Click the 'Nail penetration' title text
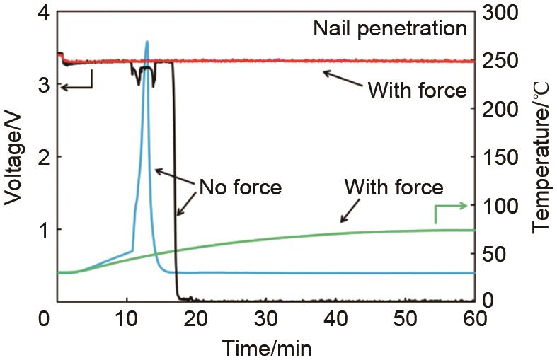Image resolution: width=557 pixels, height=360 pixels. (x=390, y=29)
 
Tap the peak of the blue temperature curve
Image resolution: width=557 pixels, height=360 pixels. (x=147, y=42)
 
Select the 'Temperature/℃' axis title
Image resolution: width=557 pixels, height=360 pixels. (x=541, y=157)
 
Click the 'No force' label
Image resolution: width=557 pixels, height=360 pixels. (x=241, y=187)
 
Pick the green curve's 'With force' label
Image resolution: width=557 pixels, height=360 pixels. (x=394, y=187)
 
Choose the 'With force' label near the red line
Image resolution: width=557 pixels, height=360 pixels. (x=417, y=91)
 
